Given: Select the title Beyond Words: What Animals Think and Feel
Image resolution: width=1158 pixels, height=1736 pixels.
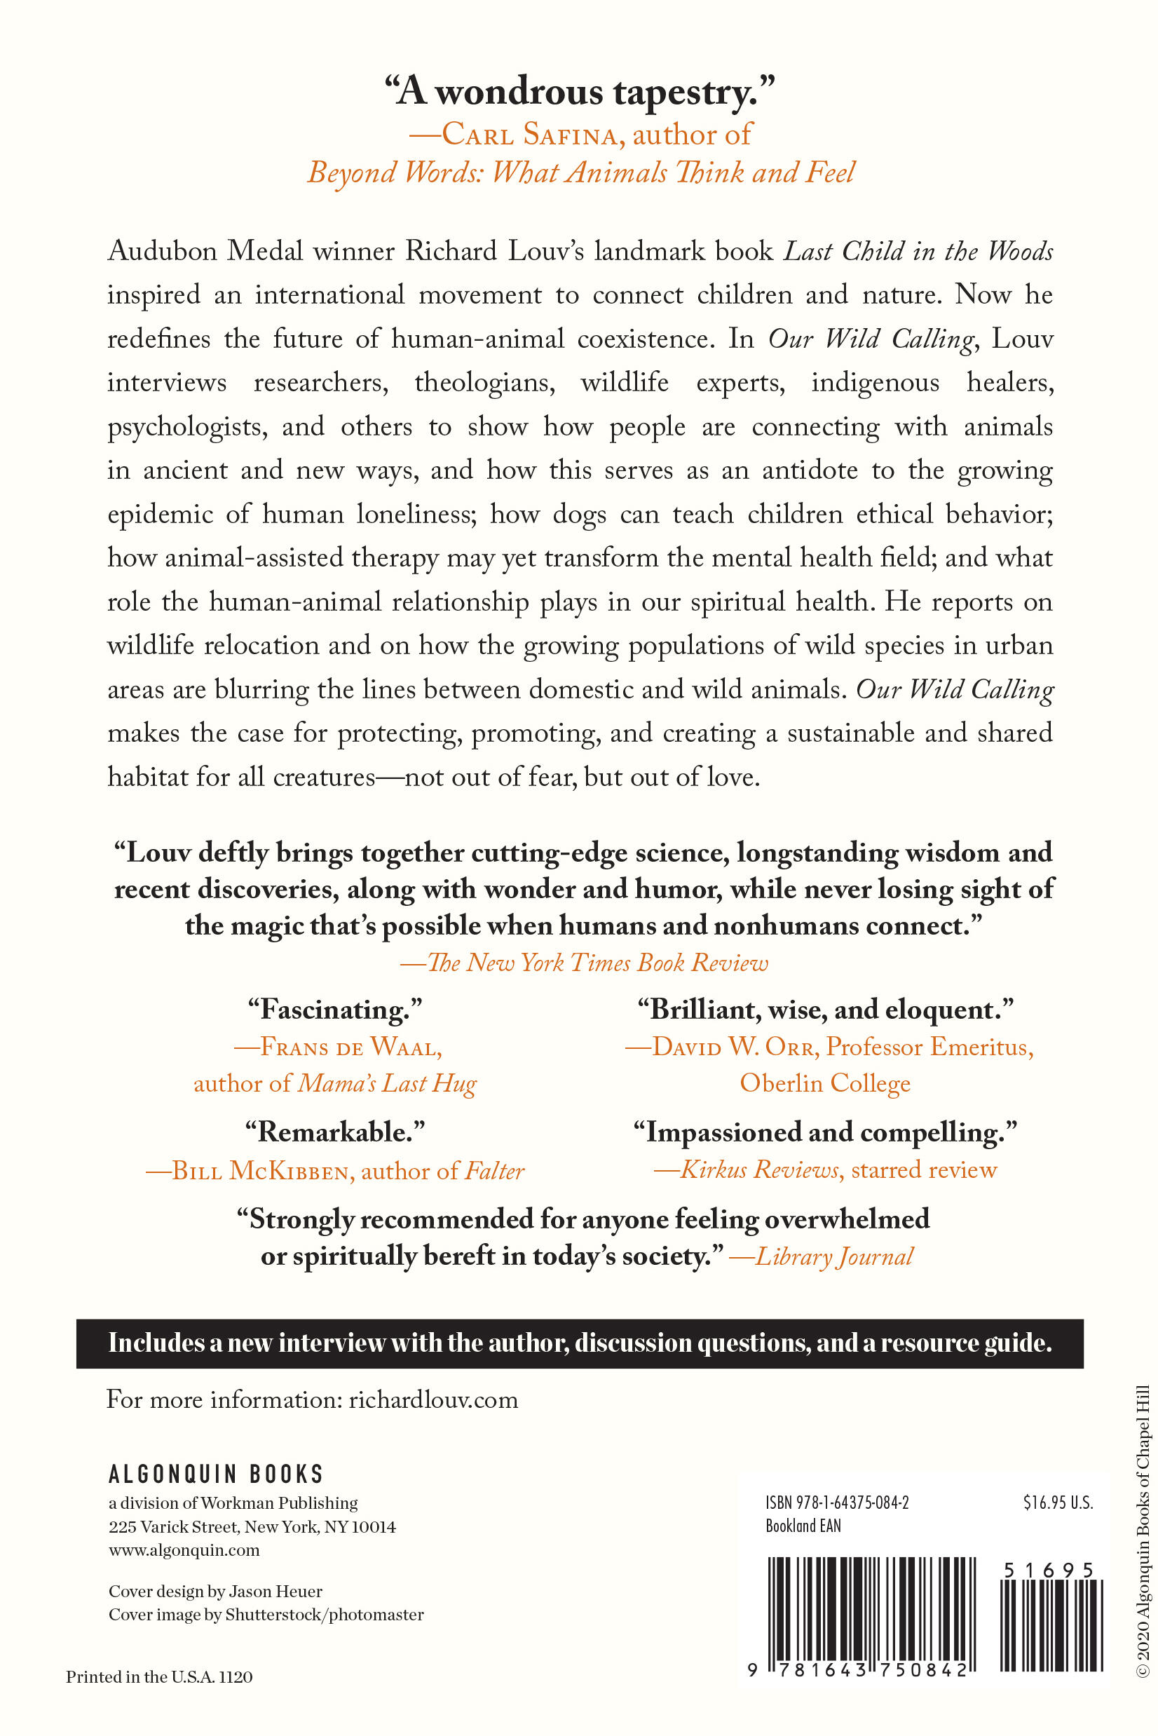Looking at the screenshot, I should point(580,173).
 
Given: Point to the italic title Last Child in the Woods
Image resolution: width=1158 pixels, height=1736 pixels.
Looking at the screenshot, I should point(918,251).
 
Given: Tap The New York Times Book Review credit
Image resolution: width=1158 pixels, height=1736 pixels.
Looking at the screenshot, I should point(584,963).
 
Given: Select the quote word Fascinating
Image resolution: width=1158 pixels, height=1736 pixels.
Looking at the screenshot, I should point(334,1009).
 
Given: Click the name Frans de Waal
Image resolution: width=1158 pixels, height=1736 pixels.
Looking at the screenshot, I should point(339,1047).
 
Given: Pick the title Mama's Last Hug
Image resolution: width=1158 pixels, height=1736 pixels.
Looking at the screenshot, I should point(387,1083).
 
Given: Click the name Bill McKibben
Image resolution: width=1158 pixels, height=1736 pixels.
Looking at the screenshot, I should point(248,1171).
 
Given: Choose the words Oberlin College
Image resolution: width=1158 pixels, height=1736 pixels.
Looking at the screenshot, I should point(825,1083).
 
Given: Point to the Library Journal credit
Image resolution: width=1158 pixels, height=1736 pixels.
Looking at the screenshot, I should point(822,1256).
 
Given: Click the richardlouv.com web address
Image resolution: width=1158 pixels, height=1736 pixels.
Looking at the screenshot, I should point(433,1400).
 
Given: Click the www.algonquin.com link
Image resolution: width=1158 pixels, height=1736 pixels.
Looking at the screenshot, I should point(184,1549).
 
